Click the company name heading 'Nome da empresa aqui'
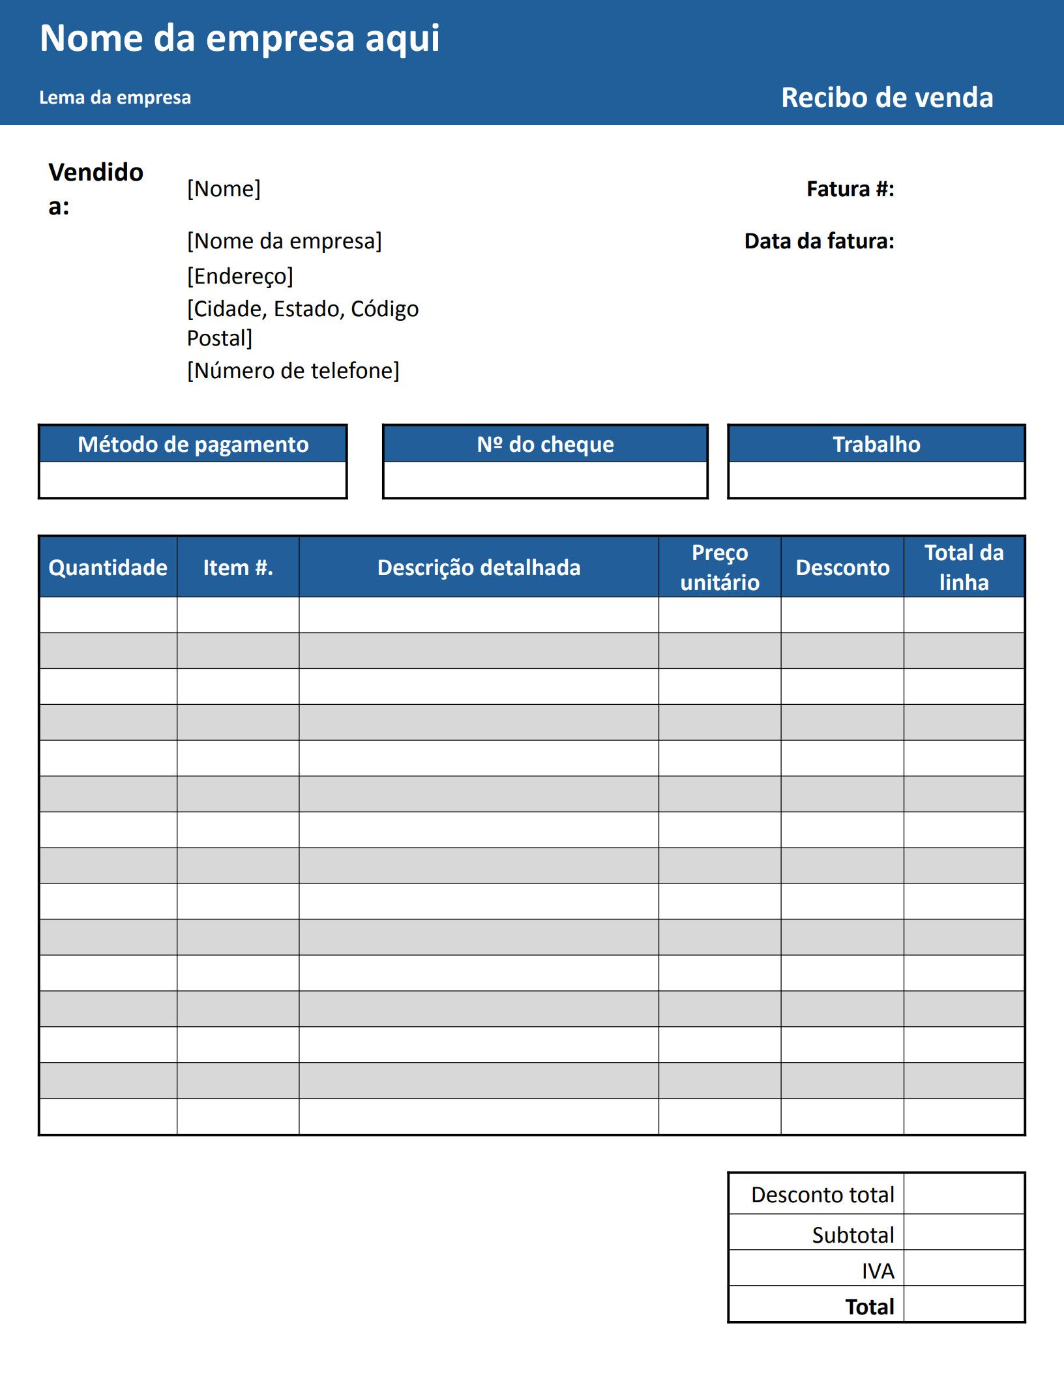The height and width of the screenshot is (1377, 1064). click(239, 38)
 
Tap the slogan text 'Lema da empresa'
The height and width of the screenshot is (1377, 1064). click(115, 98)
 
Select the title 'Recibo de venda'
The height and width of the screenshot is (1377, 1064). click(887, 98)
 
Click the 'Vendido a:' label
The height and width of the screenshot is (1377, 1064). click(95, 188)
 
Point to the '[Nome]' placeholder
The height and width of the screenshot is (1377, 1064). click(224, 189)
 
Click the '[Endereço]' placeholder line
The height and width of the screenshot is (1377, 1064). click(240, 276)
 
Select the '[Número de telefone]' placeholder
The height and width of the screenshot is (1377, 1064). click(293, 371)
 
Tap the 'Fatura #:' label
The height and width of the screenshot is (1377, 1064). click(850, 189)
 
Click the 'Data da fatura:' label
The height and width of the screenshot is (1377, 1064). click(819, 241)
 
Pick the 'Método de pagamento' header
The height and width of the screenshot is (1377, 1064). click(193, 445)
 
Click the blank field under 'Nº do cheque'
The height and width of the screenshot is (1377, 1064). click(545, 480)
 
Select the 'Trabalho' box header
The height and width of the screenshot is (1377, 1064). click(876, 445)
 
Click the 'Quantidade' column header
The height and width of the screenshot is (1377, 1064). click(108, 568)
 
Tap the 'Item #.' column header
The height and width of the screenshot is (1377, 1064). click(238, 568)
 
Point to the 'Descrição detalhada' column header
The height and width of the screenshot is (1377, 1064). click(479, 568)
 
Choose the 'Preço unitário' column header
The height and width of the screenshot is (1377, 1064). click(720, 567)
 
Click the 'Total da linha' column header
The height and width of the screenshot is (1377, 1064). click(964, 567)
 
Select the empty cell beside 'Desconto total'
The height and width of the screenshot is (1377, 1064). click(964, 1194)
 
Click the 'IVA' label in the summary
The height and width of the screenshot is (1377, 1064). click(878, 1271)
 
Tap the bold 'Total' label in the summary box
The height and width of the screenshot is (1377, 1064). click(870, 1307)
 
